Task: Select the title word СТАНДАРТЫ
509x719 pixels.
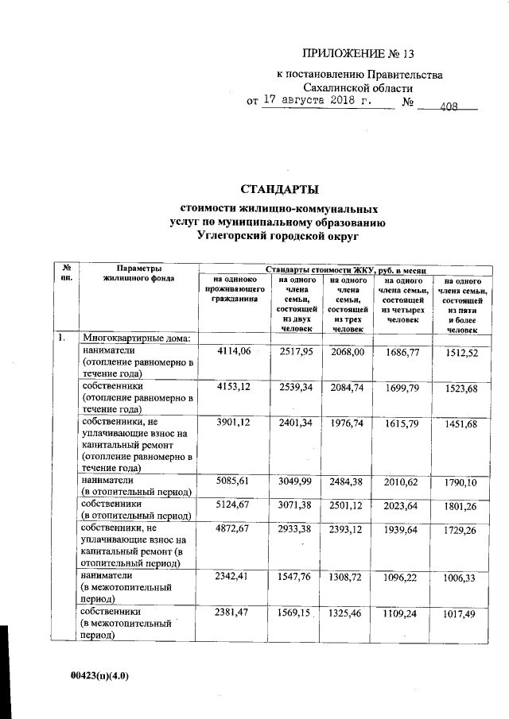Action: [x=278, y=190]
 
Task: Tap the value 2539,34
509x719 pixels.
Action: [x=297, y=385]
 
